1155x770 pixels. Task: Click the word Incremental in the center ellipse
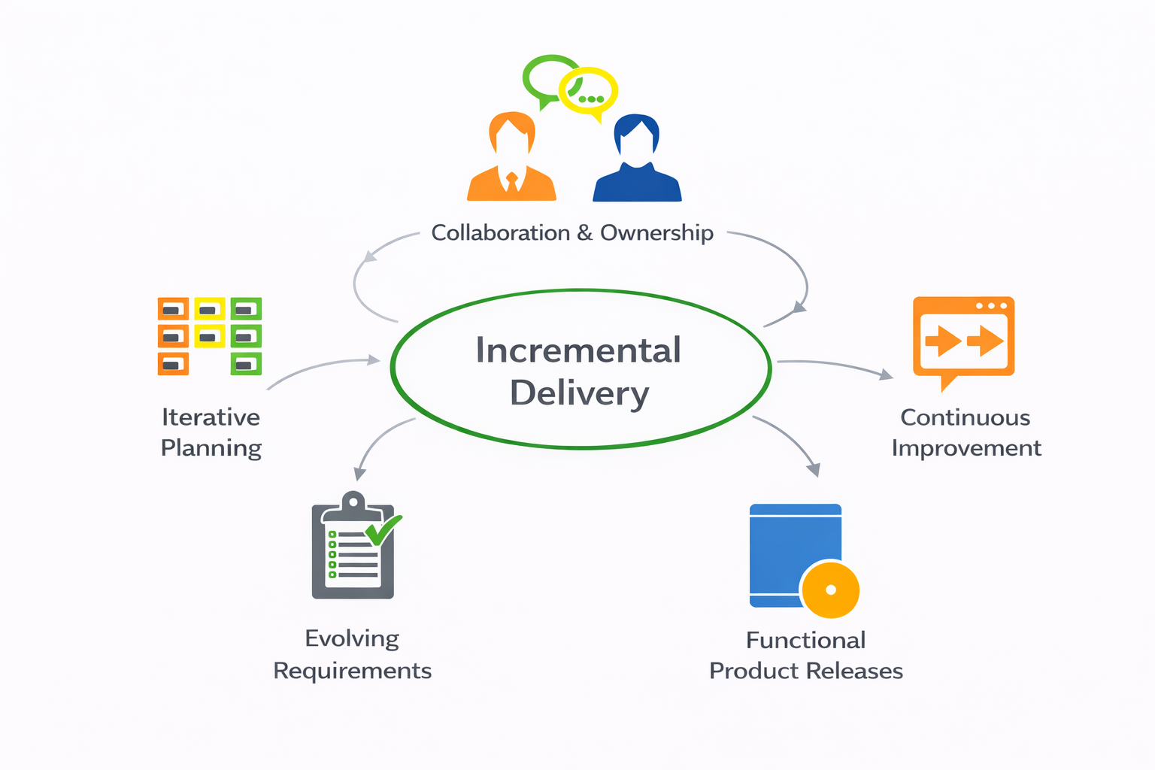click(578, 350)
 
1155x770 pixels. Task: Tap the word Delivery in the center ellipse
click(579, 393)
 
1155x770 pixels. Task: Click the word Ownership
click(656, 233)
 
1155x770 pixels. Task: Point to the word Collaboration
click(500, 233)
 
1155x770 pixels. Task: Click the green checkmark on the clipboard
click(383, 531)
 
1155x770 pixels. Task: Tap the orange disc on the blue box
click(830, 590)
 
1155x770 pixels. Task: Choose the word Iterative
click(211, 417)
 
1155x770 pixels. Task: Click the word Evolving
click(352, 638)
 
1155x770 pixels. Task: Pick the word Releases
click(855, 671)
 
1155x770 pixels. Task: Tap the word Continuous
click(966, 417)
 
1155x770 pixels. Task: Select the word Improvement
click(966, 448)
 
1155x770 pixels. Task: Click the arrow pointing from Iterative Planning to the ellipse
click(323, 367)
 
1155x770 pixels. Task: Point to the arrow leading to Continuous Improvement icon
click(835, 365)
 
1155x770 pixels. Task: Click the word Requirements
click(352, 671)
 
